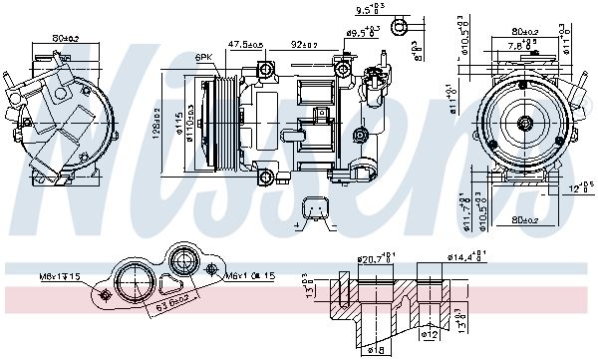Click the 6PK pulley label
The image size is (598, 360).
pyautogui.click(x=203, y=58)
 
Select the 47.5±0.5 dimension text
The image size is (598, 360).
pyautogui.click(x=245, y=45)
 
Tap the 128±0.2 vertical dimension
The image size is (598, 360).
pyautogui.click(x=157, y=122)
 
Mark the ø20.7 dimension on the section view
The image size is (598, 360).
pyautogui.click(x=374, y=259)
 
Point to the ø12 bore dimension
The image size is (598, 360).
pyautogui.click(x=430, y=334)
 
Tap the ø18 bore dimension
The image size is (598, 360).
pyautogui.click(x=374, y=351)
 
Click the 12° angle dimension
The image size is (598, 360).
pyautogui.click(x=579, y=186)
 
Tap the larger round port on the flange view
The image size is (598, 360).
pyautogui.click(x=132, y=281)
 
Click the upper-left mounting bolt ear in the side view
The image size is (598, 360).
pyautogui.click(x=265, y=69)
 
